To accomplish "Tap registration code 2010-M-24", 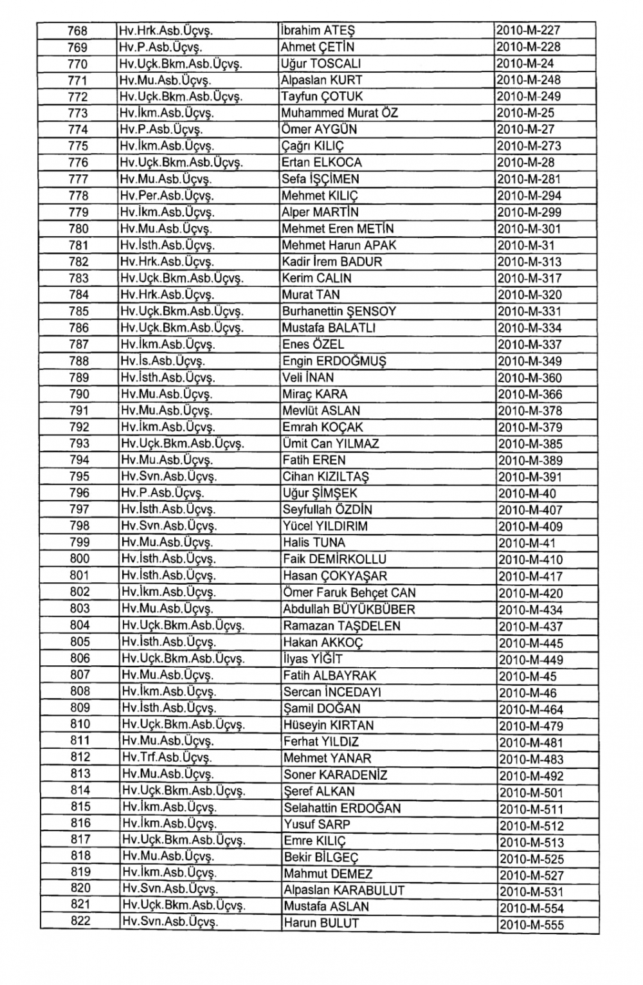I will coord(525,64).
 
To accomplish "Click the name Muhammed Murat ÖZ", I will coord(340,113).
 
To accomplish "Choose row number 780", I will coord(78,229).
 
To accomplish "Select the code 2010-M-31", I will coord(526,245).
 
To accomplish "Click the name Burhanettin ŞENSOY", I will coord(339,311).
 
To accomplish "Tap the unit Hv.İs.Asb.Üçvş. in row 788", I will coord(163,361).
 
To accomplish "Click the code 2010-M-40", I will coord(527,493).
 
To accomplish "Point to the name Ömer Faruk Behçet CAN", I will coord(349,593).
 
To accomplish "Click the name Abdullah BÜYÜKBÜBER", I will coord(349,609).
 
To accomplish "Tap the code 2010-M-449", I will coord(531,659).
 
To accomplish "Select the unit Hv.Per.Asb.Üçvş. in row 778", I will coord(167,196).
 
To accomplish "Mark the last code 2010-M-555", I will coord(532,925).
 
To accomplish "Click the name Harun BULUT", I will coord(321,923).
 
